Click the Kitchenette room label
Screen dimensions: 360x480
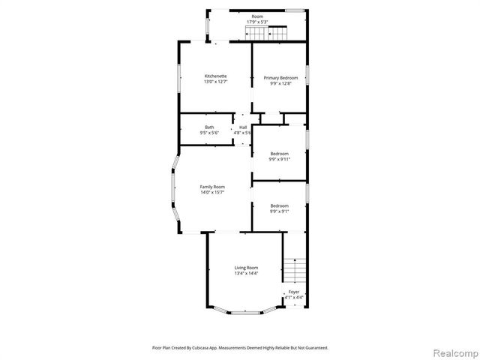pos(216,76)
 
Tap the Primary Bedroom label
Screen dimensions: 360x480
pos(280,78)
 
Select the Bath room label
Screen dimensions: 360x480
pos(209,127)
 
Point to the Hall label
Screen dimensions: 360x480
pos(243,127)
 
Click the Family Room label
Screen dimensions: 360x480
pos(212,187)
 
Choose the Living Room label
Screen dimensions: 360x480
pos(246,268)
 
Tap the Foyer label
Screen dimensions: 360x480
pos(294,292)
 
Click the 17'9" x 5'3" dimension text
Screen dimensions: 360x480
pos(257,22)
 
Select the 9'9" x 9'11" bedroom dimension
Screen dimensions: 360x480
pos(280,159)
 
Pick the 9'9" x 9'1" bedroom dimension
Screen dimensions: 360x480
pos(280,211)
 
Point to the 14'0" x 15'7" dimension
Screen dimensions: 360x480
pos(212,193)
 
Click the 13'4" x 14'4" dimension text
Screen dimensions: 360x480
pos(246,274)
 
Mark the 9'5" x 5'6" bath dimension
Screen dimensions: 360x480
pos(209,133)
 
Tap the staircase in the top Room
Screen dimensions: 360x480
pos(278,33)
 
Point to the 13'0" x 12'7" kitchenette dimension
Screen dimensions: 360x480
pos(216,82)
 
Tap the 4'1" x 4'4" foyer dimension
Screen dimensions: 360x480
pos(294,298)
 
